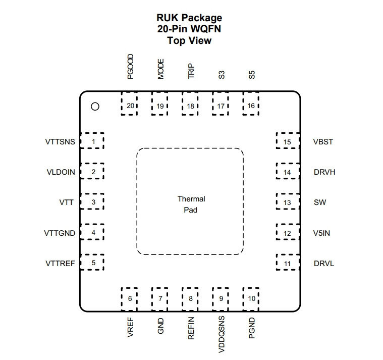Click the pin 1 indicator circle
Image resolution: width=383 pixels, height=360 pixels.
pyautogui.click(x=95, y=107)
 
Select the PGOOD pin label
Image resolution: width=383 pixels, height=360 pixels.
pyautogui.click(x=130, y=67)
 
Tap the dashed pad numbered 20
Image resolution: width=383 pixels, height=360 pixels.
pyautogui.click(x=129, y=104)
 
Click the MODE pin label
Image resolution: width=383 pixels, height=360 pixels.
pyautogui.click(x=160, y=69)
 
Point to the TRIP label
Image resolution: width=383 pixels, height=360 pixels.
pyautogui.click(x=191, y=71)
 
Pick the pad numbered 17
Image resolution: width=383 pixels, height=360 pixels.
pyautogui.click(x=221, y=104)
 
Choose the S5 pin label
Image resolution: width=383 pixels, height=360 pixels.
pyautogui.click(x=252, y=75)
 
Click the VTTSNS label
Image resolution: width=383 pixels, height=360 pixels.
pyautogui.click(x=60, y=142)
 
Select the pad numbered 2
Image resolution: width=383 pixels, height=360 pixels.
pyautogui.click(x=92, y=171)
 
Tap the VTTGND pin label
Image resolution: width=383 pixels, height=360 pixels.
pyautogui.click(x=60, y=233)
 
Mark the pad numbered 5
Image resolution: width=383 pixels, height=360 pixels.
pyautogui.click(x=92, y=262)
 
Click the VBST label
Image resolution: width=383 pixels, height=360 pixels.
pyautogui.click(x=323, y=142)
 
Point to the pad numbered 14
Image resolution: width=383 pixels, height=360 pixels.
pyautogui.click(x=288, y=171)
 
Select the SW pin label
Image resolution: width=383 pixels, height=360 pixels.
pyautogui.click(x=320, y=202)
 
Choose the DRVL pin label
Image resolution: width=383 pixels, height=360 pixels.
pyautogui.click(x=324, y=264)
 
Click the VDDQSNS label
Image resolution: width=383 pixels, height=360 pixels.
pyautogui.click(x=222, y=334)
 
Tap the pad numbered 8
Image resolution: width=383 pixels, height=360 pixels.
pyautogui.click(x=190, y=299)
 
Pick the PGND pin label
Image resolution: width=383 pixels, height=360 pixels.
pyautogui.click(x=252, y=328)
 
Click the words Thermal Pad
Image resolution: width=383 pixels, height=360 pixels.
pyautogui.click(x=191, y=204)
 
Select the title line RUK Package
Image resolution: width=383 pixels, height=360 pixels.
pyautogui.click(x=189, y=18)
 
